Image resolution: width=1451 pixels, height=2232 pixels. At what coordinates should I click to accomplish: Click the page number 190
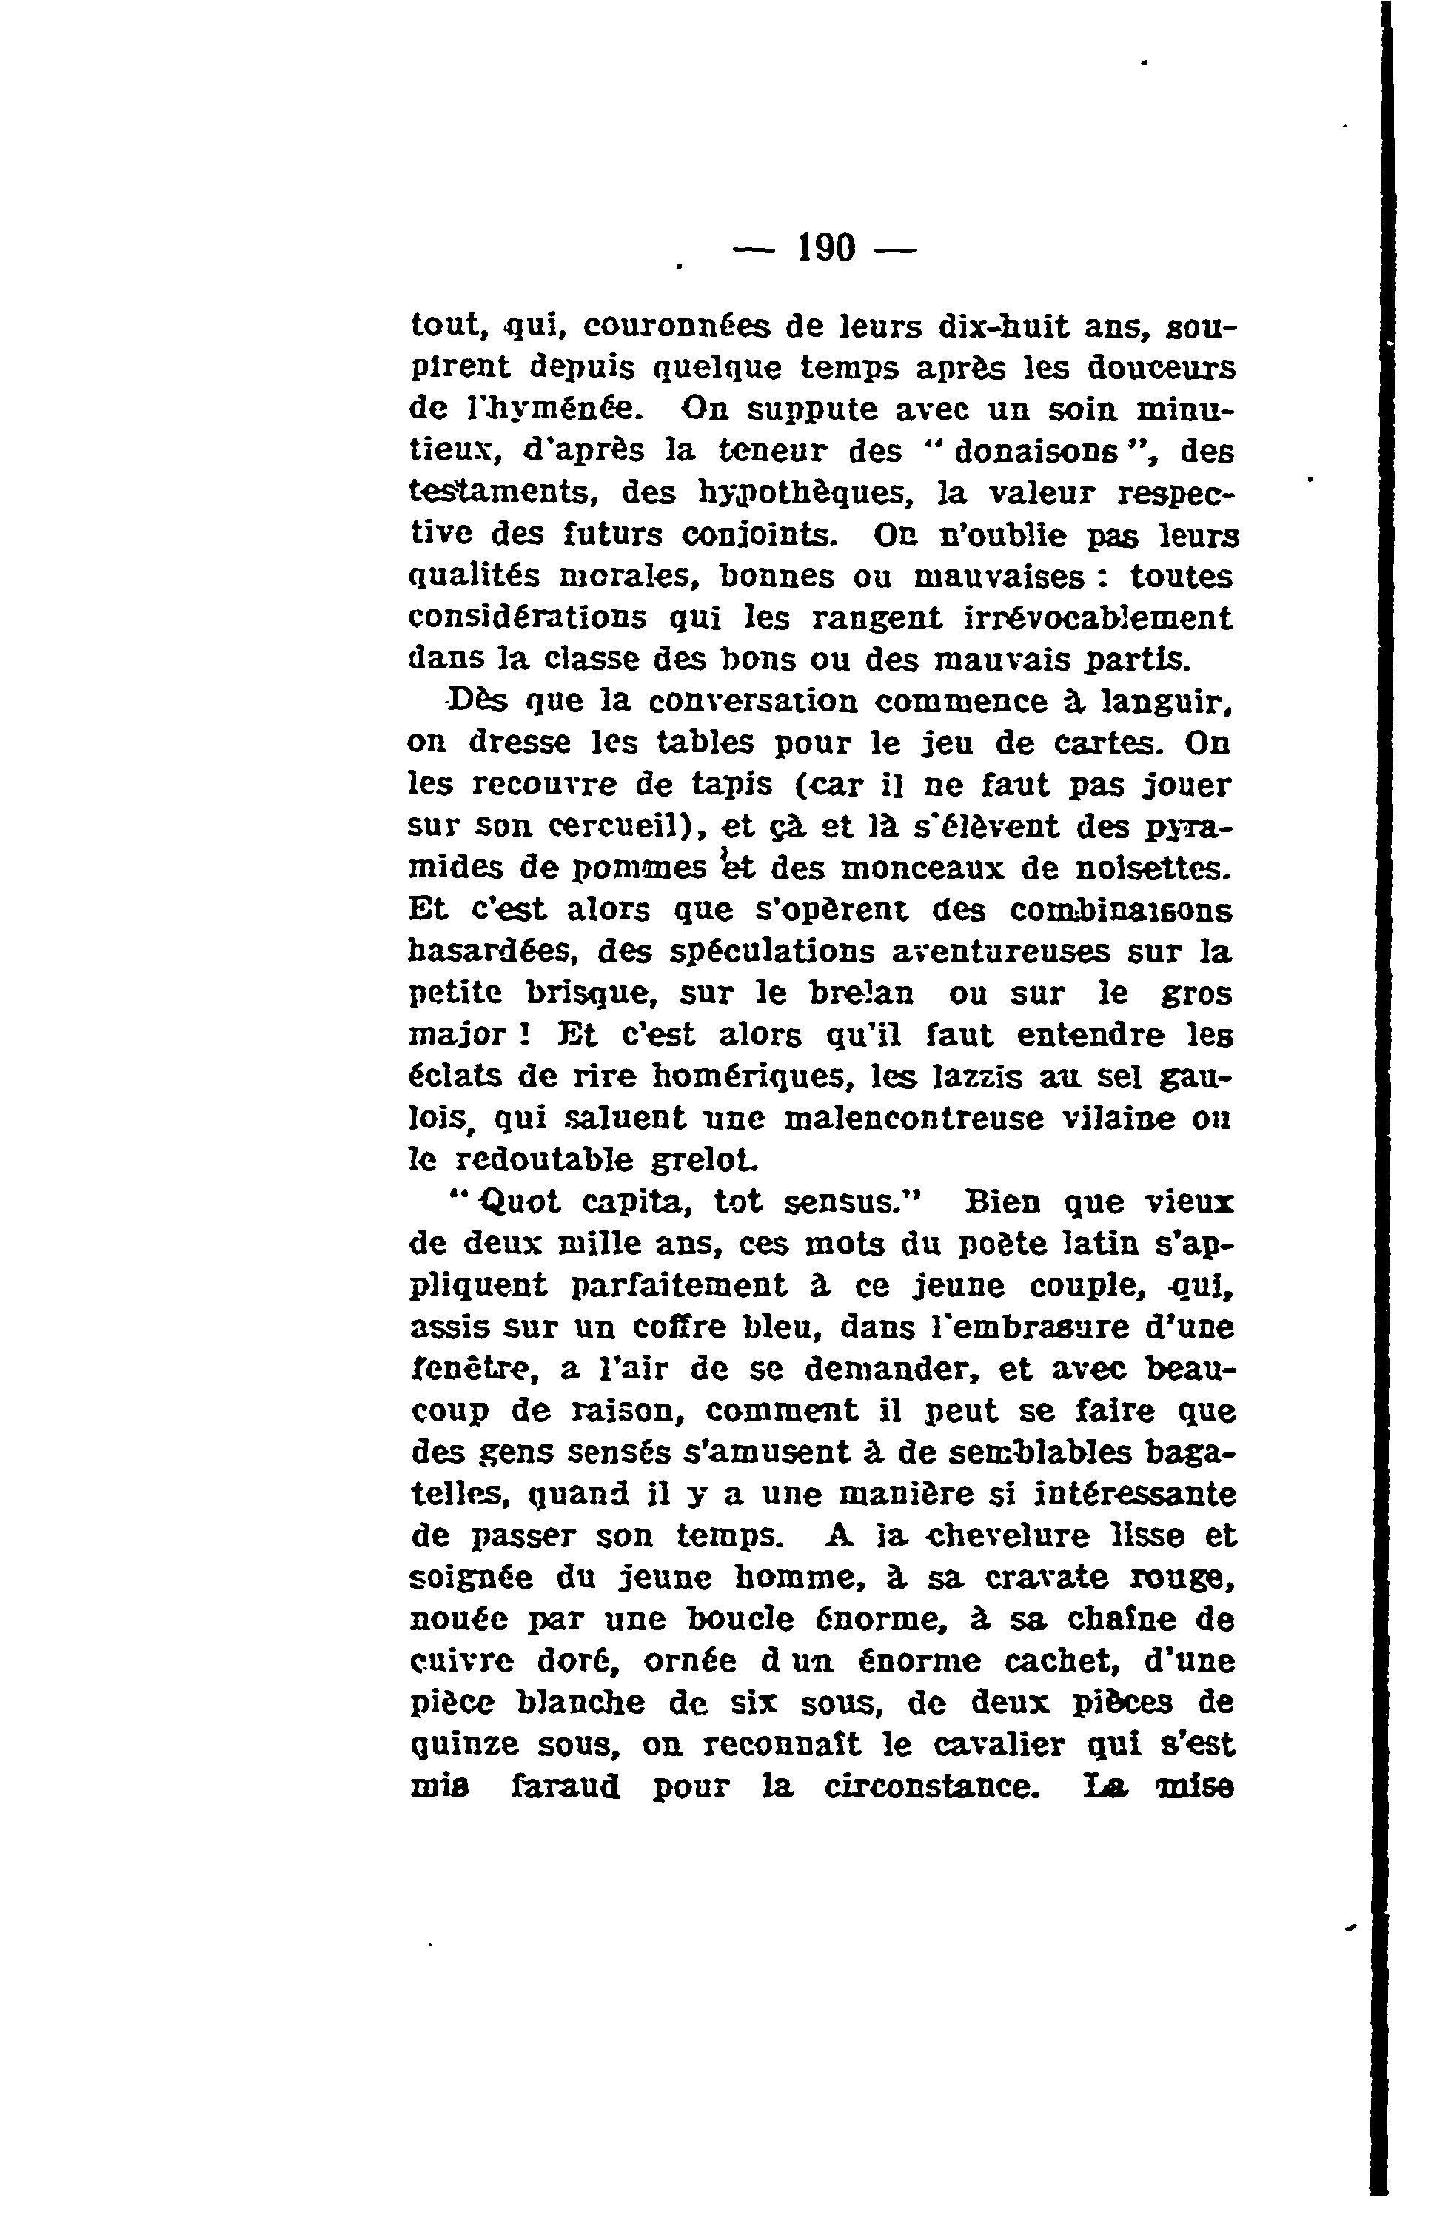click(x=826, y=249)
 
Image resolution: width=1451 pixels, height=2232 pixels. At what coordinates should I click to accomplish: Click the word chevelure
click(x=1011, y=1535)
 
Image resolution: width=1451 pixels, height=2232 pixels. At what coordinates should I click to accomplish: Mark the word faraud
click(x=565, y=1786)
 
